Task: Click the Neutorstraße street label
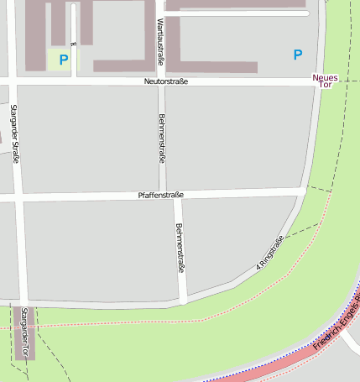(x=165, y=81)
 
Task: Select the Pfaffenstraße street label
(x=160, y=195)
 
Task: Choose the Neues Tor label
(x=325, y=82)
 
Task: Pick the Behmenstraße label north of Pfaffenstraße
(x=162, y=138)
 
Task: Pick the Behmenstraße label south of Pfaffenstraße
(x=179, y=248)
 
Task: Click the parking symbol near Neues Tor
(x=297, y=55)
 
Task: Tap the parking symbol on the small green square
(x=63, y=60)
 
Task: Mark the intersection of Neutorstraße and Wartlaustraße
(x=161, y=81)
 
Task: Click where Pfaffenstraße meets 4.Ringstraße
(x=304, y=192)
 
